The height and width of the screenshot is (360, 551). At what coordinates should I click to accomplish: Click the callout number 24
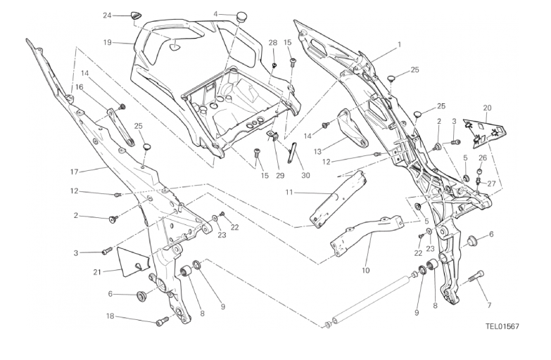click(107, 15)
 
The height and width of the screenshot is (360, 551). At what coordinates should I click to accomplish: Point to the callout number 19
click(108, 42)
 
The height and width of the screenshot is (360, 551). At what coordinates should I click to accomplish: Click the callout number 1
click(399, 44)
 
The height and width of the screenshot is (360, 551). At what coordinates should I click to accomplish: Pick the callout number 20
click(487, 108)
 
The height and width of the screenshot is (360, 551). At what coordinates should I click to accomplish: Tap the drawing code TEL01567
click(502, 326)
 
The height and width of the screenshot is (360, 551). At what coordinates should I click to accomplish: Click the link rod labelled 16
click(120, 126)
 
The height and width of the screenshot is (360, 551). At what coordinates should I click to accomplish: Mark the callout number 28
click(273, 43)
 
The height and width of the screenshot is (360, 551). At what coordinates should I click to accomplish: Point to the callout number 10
click(365, 269)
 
